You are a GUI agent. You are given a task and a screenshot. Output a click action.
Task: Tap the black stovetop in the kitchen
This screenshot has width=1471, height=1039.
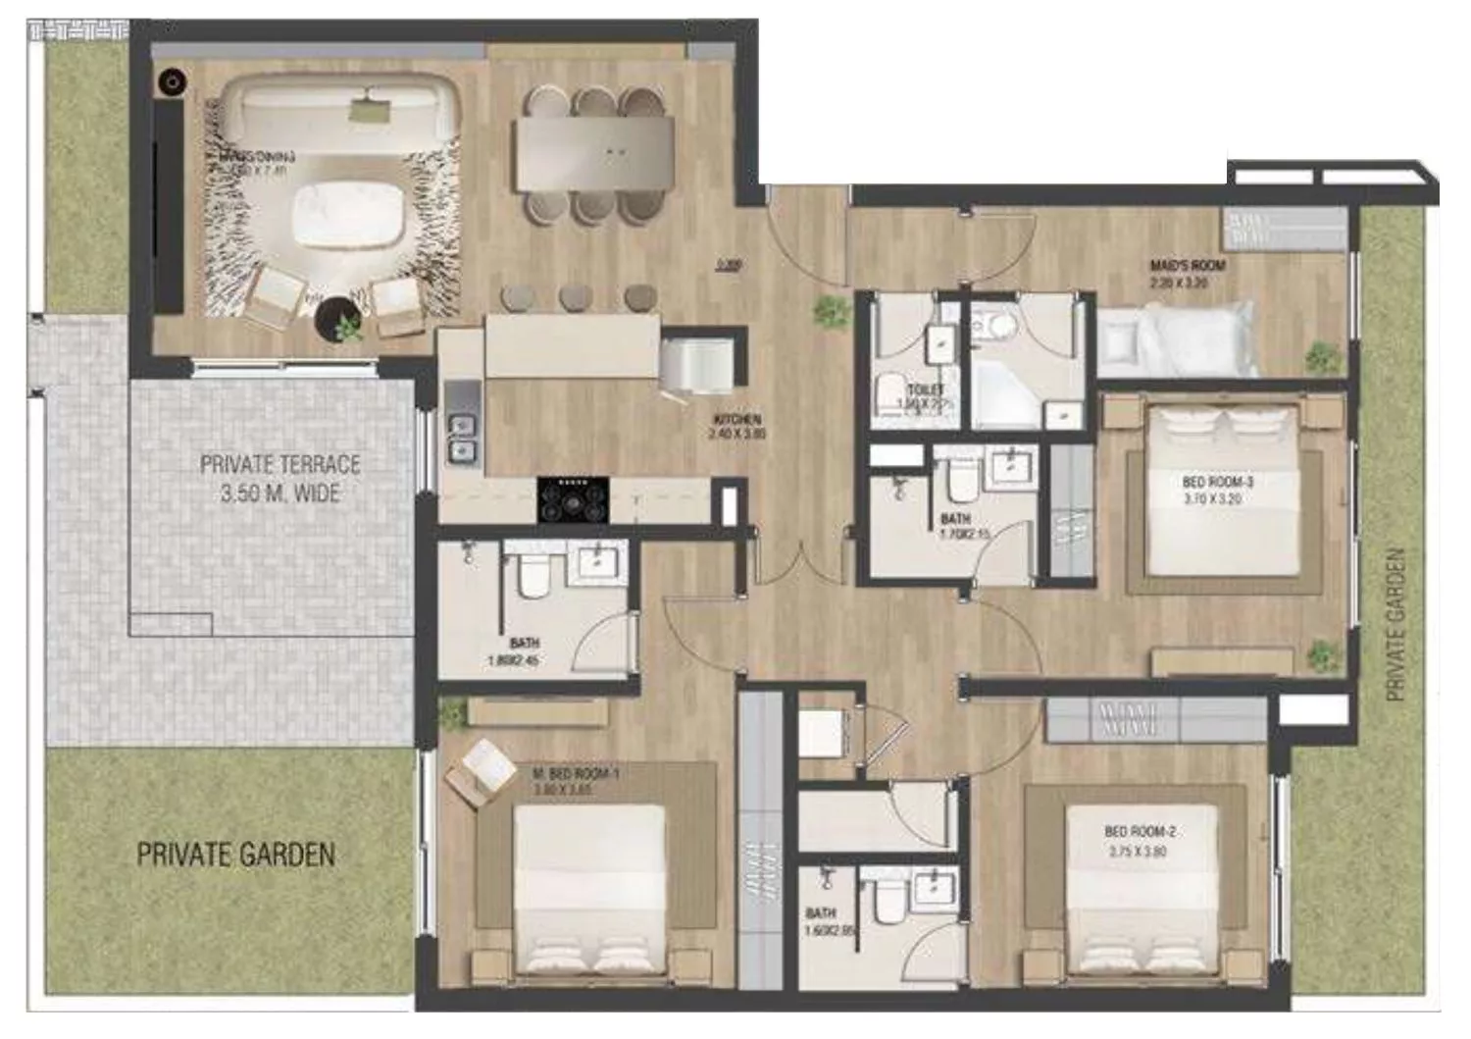click(573, 498)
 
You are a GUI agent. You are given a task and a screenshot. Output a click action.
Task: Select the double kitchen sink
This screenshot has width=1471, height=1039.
click(462, 438)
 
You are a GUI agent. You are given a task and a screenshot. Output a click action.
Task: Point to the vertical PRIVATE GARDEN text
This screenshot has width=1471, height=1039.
click(1395, 624)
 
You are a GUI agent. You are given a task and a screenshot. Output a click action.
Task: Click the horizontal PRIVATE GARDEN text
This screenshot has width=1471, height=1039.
click(235, 855)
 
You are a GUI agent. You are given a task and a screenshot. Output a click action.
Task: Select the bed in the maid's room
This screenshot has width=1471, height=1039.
click(1177, 338)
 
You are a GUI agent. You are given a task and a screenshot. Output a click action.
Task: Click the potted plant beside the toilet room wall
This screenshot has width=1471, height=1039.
click(831, 311)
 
